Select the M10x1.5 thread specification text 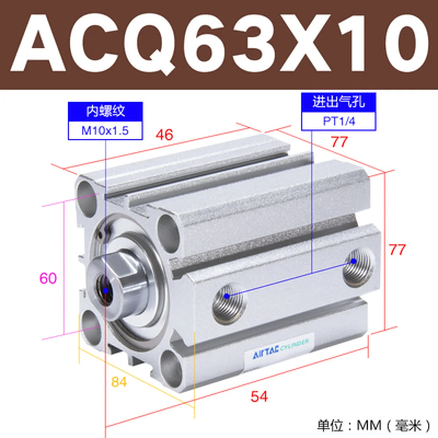(105, 131)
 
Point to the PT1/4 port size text (339, 122)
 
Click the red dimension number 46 (164, 135)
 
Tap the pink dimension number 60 (48, 278)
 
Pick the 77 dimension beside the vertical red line (397, 250)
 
